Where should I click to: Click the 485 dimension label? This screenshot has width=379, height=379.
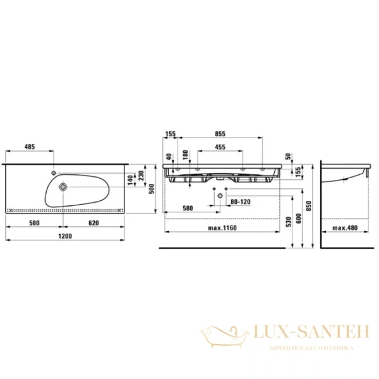tap(30, 147)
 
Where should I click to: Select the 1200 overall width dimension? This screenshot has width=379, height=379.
tap(65, 236)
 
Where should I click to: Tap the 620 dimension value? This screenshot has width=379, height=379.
tap(93, 223)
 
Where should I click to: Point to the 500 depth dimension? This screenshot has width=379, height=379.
tap(152, 189)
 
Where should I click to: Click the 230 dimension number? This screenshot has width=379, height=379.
tap(141, 176)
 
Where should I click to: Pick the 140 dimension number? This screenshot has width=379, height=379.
tap(130, 181)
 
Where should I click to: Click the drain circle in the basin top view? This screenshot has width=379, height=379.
tap(63, 187)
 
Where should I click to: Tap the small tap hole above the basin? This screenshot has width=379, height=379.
tap(54, 173)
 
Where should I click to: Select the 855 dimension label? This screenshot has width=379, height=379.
tap(220, 134)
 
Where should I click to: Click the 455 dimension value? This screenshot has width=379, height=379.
tap(220, 147)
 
